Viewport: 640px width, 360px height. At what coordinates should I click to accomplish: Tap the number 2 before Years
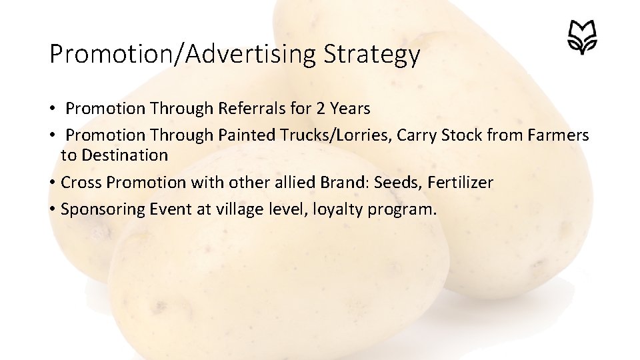(x=321, y=108)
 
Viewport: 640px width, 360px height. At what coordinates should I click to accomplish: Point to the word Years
(x=350, y=108)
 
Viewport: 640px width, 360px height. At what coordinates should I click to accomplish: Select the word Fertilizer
(x=460, y=183)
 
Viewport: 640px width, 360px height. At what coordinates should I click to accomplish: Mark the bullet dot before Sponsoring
(x=51, y=210)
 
